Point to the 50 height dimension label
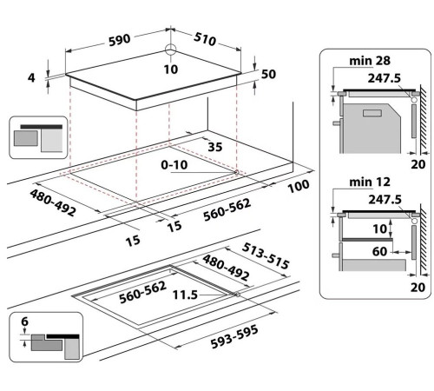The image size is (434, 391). click(268, 75)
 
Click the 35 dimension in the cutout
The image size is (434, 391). click(216, 148)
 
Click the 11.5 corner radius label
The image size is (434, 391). click(185, 296)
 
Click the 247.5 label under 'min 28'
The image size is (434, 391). click(386, 76)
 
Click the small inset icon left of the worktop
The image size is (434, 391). click(38, 137)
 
